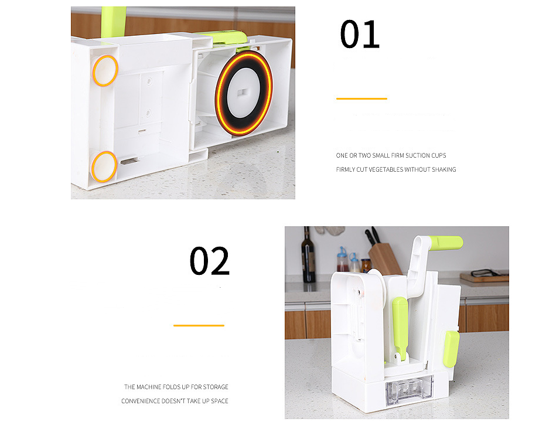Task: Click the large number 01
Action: (360, 34)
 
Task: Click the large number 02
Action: (209, 261)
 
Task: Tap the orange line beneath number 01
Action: (361, 98)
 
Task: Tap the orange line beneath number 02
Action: (199, 325)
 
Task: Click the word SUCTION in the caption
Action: (417, 155)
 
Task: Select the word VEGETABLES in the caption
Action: (386, 169)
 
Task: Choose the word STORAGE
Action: (216, 387)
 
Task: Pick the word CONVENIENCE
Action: (141, 401)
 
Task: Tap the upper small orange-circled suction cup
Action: (105, 70)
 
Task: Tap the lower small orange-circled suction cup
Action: (104, 167)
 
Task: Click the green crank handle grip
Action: (445, 243)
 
